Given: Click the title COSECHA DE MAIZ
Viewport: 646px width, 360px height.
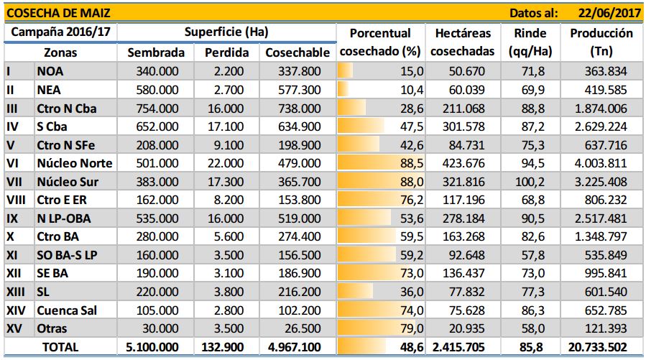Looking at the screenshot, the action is point(58,13).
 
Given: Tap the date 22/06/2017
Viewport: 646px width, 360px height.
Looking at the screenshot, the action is point(609,13).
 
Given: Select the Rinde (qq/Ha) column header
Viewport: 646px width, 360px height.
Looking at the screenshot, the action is point(530,42).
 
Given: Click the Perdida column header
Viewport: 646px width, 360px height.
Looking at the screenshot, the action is point(226,52).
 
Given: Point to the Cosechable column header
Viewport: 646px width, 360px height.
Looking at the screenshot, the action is point(297,52).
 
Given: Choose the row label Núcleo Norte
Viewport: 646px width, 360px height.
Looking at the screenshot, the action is point(75,163).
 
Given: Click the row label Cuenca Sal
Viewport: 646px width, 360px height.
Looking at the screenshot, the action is point(67,310).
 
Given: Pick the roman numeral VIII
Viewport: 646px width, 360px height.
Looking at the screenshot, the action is point(16,200).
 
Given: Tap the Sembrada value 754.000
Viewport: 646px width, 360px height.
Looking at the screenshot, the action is point(157,109).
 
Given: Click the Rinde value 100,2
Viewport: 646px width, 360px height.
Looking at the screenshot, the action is point(530,182).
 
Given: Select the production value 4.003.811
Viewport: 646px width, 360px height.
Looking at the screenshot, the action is point(601,163).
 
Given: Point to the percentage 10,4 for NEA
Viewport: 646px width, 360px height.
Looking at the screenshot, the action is point(412,90).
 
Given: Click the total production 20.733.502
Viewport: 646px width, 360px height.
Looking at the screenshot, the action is point(598,347).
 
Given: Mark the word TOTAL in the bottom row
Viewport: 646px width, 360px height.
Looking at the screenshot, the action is point(60,347).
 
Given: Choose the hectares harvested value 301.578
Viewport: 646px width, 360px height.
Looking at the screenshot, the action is point(463,126).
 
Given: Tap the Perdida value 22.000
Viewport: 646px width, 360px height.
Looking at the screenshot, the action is point(226,163).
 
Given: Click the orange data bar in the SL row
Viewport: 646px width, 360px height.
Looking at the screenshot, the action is point(355,292).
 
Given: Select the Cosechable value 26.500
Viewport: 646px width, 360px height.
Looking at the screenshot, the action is point(303,328).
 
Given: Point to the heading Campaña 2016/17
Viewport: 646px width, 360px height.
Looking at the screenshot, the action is point(60,32).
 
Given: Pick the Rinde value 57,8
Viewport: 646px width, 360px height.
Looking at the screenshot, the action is point(533,255).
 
